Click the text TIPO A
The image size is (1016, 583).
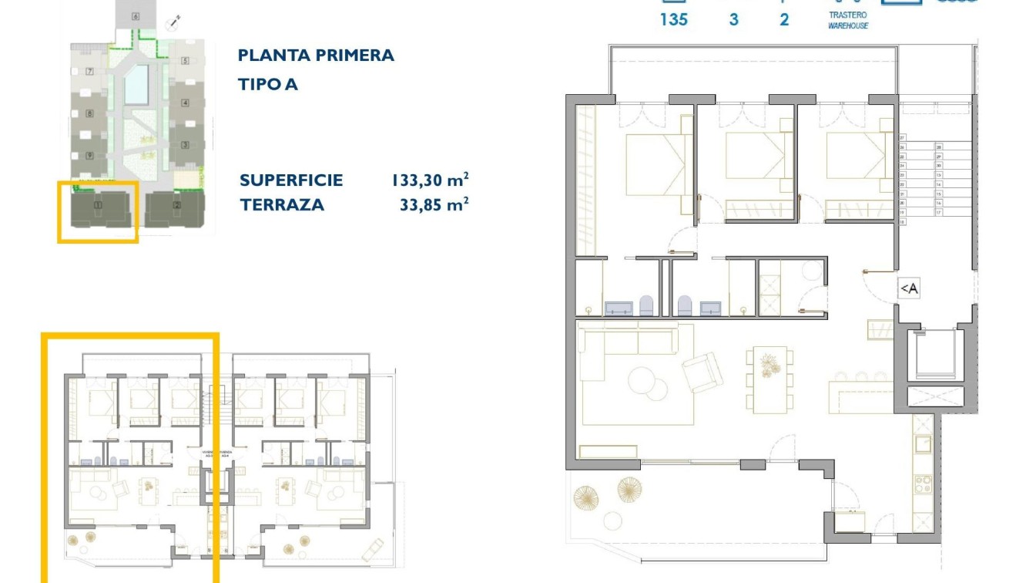[267, 85]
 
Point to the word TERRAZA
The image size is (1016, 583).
[281, 205]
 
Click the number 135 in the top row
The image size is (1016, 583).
[673, 20]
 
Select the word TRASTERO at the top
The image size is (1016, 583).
[847, 15]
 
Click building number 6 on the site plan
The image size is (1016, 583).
[136, 16]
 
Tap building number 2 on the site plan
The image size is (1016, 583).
[177, 205]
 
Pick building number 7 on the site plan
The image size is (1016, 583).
[90, 72]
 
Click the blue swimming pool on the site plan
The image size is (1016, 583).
[137, 84]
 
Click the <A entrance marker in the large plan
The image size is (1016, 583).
[909, 288]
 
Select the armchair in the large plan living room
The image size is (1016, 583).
[702, 372]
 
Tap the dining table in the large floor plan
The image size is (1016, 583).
[770, 378]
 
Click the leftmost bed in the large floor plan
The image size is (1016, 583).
[654, 165]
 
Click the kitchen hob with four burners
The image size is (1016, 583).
[922, 484]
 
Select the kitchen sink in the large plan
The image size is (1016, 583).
[922, 444]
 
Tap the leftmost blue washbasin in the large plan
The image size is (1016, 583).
[619, 308]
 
